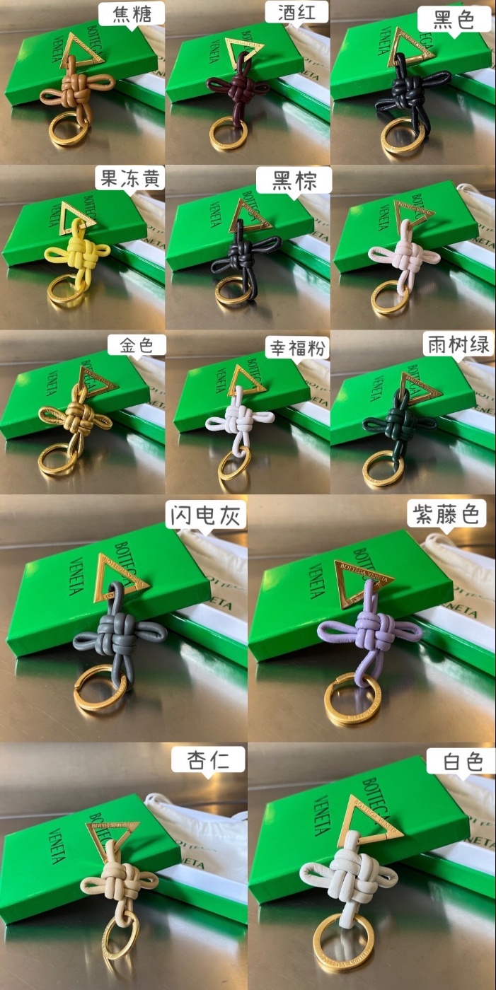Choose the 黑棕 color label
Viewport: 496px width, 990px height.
pos(293,181)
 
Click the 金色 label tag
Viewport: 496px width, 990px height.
pos(137,345)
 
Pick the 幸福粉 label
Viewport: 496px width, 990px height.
pos(297,348)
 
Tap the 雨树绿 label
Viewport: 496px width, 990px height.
pos(458,345)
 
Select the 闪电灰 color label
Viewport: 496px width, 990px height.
pos(206,516)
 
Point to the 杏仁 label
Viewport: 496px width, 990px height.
pos(207,760)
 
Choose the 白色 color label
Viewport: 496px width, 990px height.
pos(463,762)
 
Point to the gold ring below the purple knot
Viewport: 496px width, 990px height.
pos(352,700)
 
